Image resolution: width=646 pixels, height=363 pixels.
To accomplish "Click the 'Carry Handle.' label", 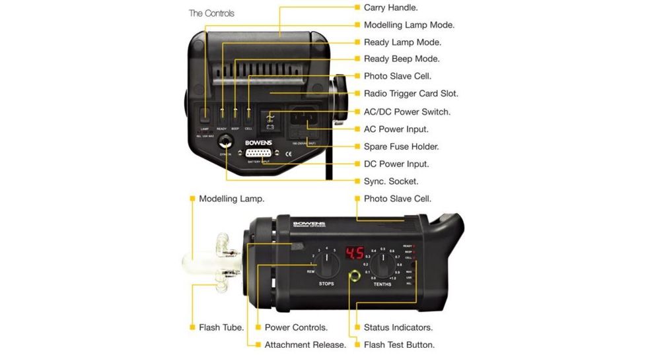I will point(390,8).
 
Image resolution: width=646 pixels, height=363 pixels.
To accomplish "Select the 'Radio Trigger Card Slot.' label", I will point(411,94).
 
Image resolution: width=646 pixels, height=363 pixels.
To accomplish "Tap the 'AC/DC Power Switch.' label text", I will point(407,112).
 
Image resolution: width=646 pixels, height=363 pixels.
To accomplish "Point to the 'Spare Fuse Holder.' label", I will point(401,147).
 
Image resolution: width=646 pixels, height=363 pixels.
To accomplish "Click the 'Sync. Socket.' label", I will point(391,181).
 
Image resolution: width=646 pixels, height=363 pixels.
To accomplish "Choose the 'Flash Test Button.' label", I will point(399,345).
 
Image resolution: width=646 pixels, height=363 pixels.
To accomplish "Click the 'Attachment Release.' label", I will point(305,345).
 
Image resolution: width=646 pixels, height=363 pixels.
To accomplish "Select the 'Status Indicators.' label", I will point(398,327).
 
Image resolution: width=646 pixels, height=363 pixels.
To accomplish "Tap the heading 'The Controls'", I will point(211,13).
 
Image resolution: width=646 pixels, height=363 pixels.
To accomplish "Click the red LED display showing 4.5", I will point(355,253).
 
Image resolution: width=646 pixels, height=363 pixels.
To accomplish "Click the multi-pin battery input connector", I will point(262,153).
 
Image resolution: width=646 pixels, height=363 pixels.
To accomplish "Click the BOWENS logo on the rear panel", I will point(258,142).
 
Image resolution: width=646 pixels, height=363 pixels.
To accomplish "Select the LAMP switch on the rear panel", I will point(205,114).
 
